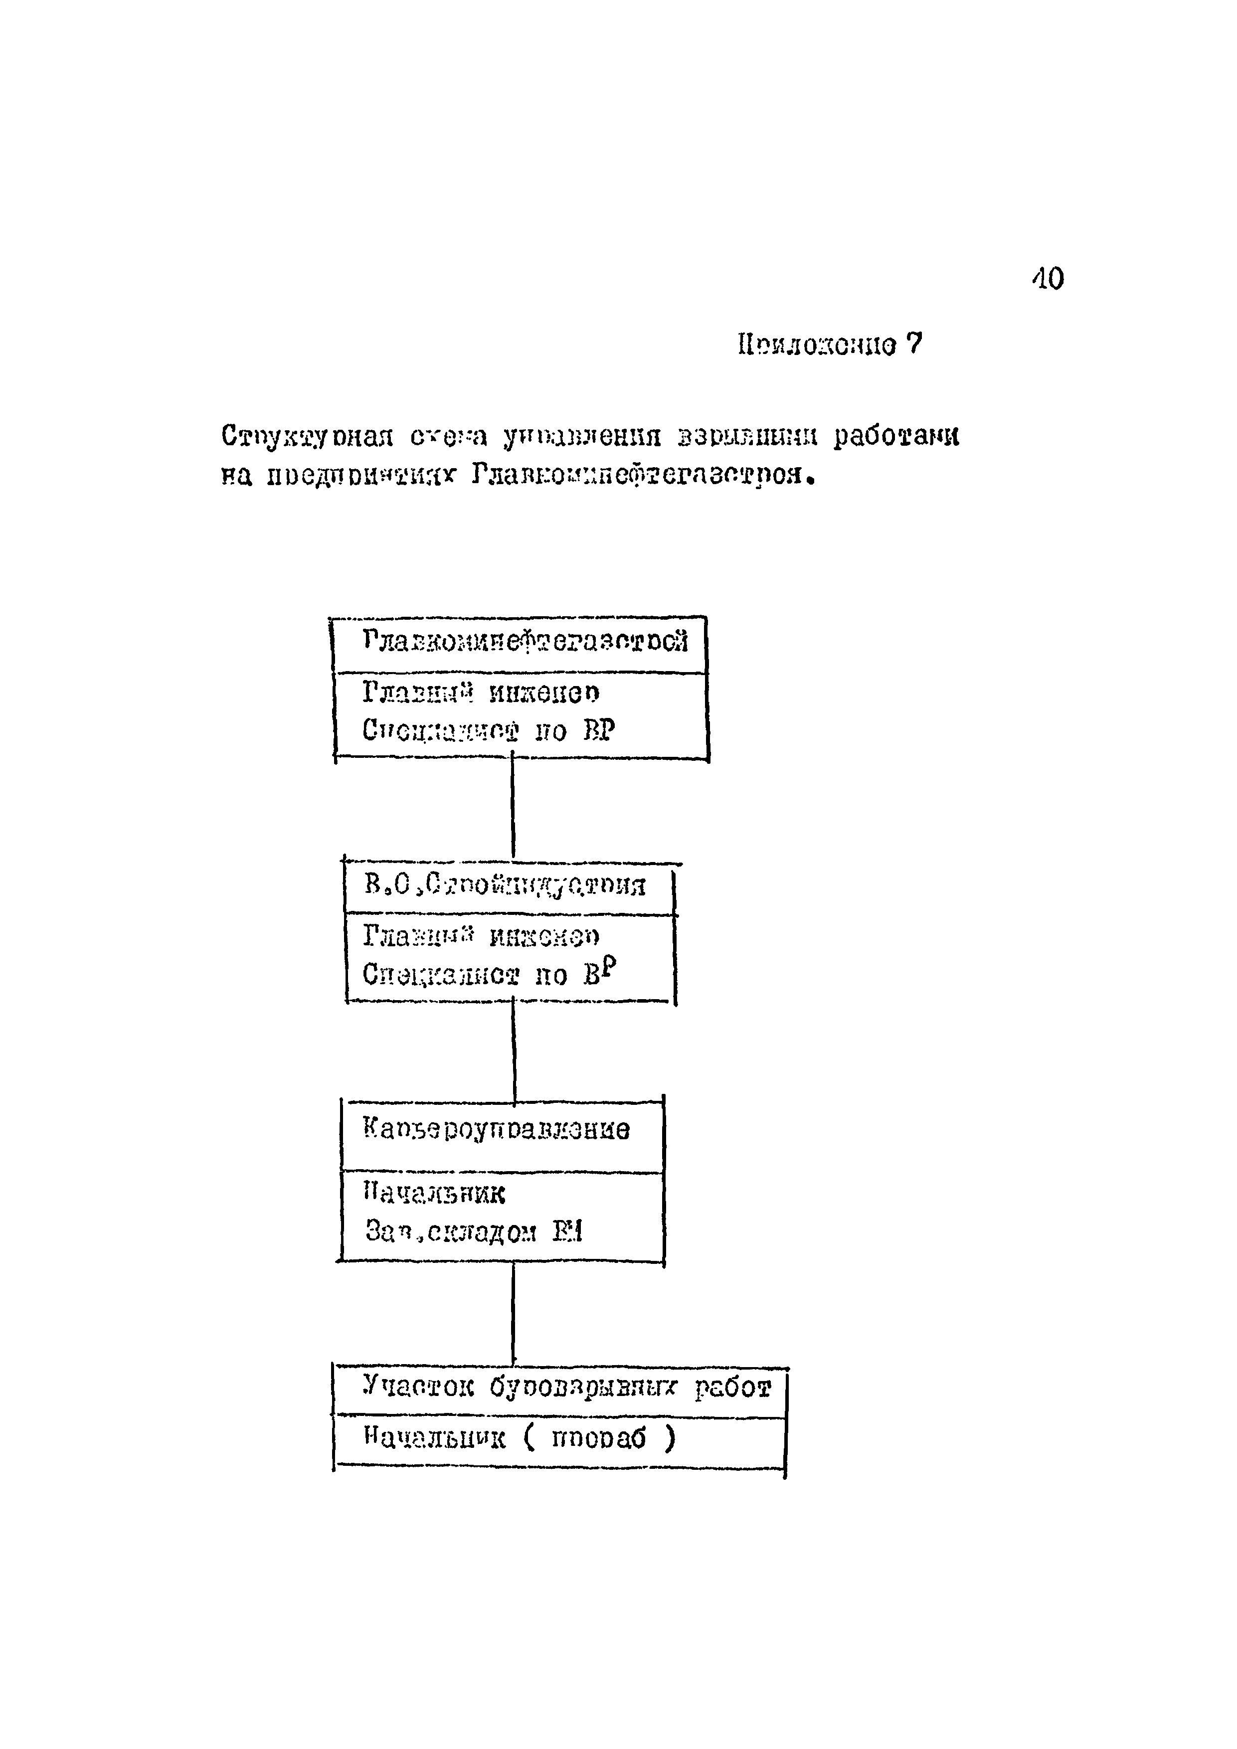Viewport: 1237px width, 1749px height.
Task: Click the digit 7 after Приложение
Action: coord(914,345)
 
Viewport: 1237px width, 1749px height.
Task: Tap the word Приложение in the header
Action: coord(817,346)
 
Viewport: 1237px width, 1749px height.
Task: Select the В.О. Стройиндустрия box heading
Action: coord(505,884)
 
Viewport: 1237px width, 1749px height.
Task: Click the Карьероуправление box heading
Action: coord(497,1129)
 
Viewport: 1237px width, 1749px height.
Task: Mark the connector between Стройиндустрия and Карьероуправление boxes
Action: coord(514,1051)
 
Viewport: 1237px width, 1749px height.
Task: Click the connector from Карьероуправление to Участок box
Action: coord(514,1314)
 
